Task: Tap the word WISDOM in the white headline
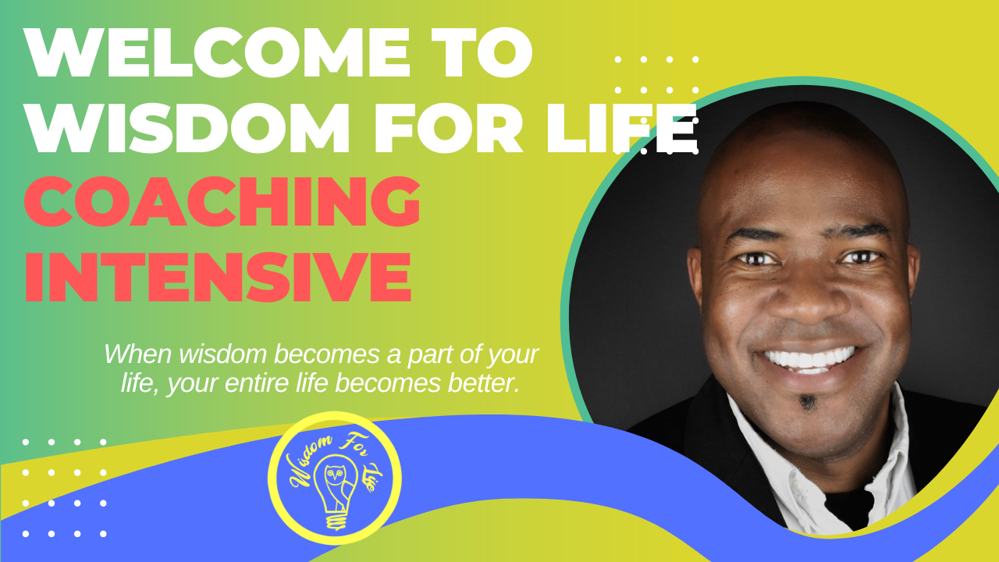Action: pyautogui.click(x=187, y=128)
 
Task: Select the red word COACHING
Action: pyautogui.click(x=222, y=201)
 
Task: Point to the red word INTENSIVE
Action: pyautogui.click(x=218, y=277)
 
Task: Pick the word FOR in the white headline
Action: pyautogui.click(x=449, y=128)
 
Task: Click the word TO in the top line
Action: pyautogui.click(x=482, y=52)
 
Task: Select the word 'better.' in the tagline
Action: pyautogui.click(x=483, y=382)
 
